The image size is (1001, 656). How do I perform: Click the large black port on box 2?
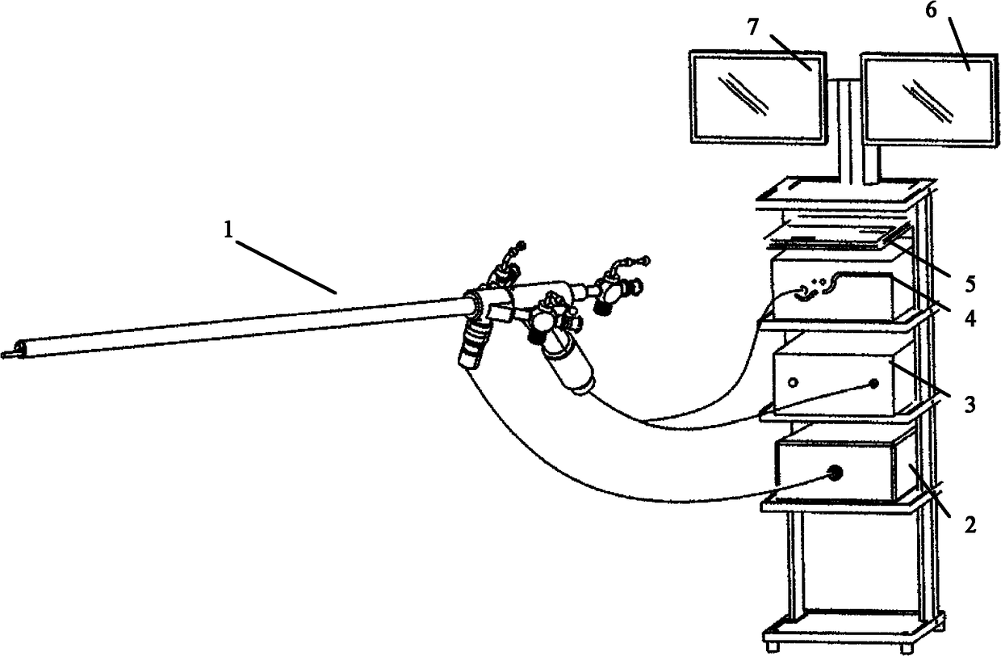(834, 473)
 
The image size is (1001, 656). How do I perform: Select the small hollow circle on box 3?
(794, 382)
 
